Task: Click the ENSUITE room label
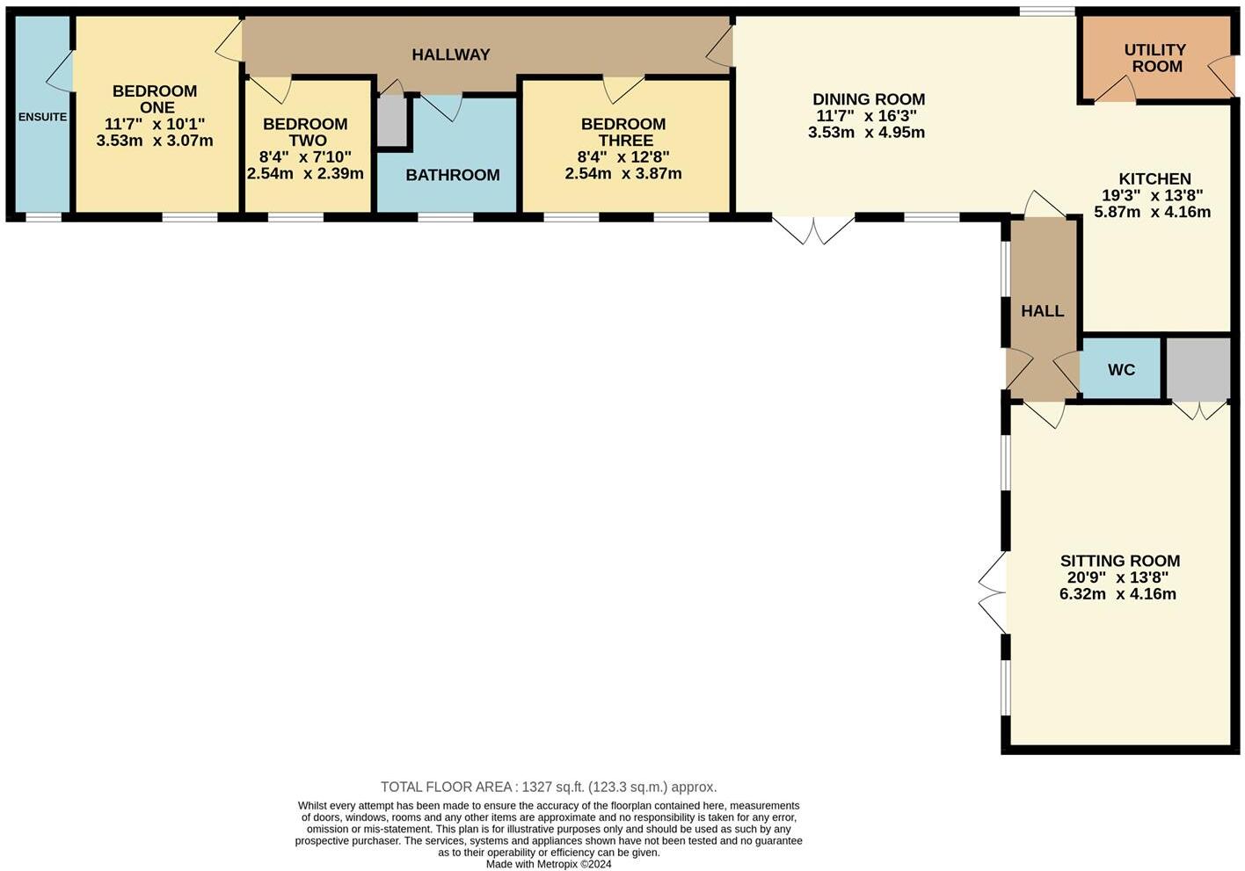[x=42, y=117]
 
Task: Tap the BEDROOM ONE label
[x=155, y=99]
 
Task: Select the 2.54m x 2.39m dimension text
[x=305, y=174]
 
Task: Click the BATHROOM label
[x=453, y=175]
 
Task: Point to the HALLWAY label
[x=451, y=54]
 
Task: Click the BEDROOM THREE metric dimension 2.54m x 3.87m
[x=623, y=174]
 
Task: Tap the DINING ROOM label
[x=869, y=99]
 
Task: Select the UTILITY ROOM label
[x=1155, y=58]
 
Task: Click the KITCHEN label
[x=1154, y=179]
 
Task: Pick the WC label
[x=1121, y=370]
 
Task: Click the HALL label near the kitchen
[x=1043, y=311]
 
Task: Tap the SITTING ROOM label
[x=1119, y=561]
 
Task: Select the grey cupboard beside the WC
[x=1198, y=369]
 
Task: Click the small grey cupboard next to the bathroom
[x=392, y=121]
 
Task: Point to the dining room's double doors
[x=813, y=229]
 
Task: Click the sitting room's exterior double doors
[x=994, y=593]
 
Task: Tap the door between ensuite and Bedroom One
[x=60, y=70]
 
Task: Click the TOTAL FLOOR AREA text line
[x=549, y=787]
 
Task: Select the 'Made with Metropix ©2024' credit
[x=549, y=864]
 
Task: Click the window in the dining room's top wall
[x=1046, y=11]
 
